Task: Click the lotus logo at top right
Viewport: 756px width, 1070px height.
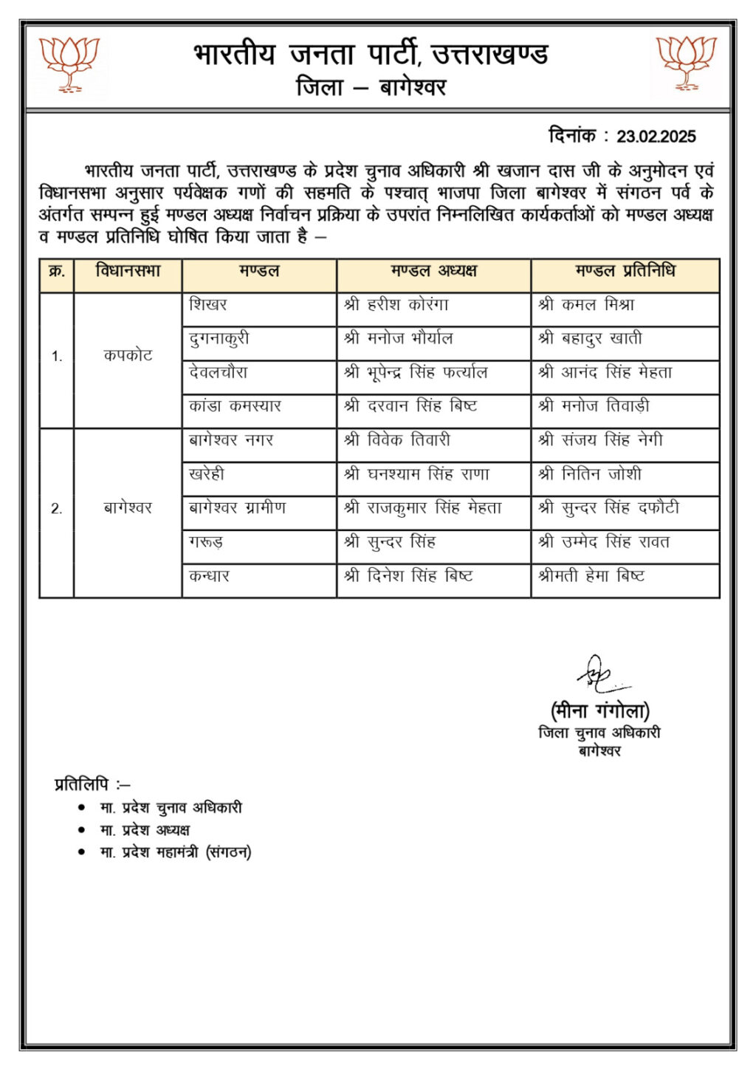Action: (686, 64)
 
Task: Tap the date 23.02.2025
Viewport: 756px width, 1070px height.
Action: (656, 137)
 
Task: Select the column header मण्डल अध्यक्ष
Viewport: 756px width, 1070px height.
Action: (433, 272)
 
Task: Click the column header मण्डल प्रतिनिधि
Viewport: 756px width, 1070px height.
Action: (625, 272)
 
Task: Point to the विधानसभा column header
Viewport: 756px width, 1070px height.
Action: (128, 272)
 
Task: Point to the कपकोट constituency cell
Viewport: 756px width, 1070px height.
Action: (128, 356)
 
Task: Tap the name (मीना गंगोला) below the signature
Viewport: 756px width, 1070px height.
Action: (600, 711)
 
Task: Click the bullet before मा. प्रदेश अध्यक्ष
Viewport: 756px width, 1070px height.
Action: (82, 830)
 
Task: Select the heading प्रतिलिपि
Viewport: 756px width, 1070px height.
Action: (82, 784)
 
